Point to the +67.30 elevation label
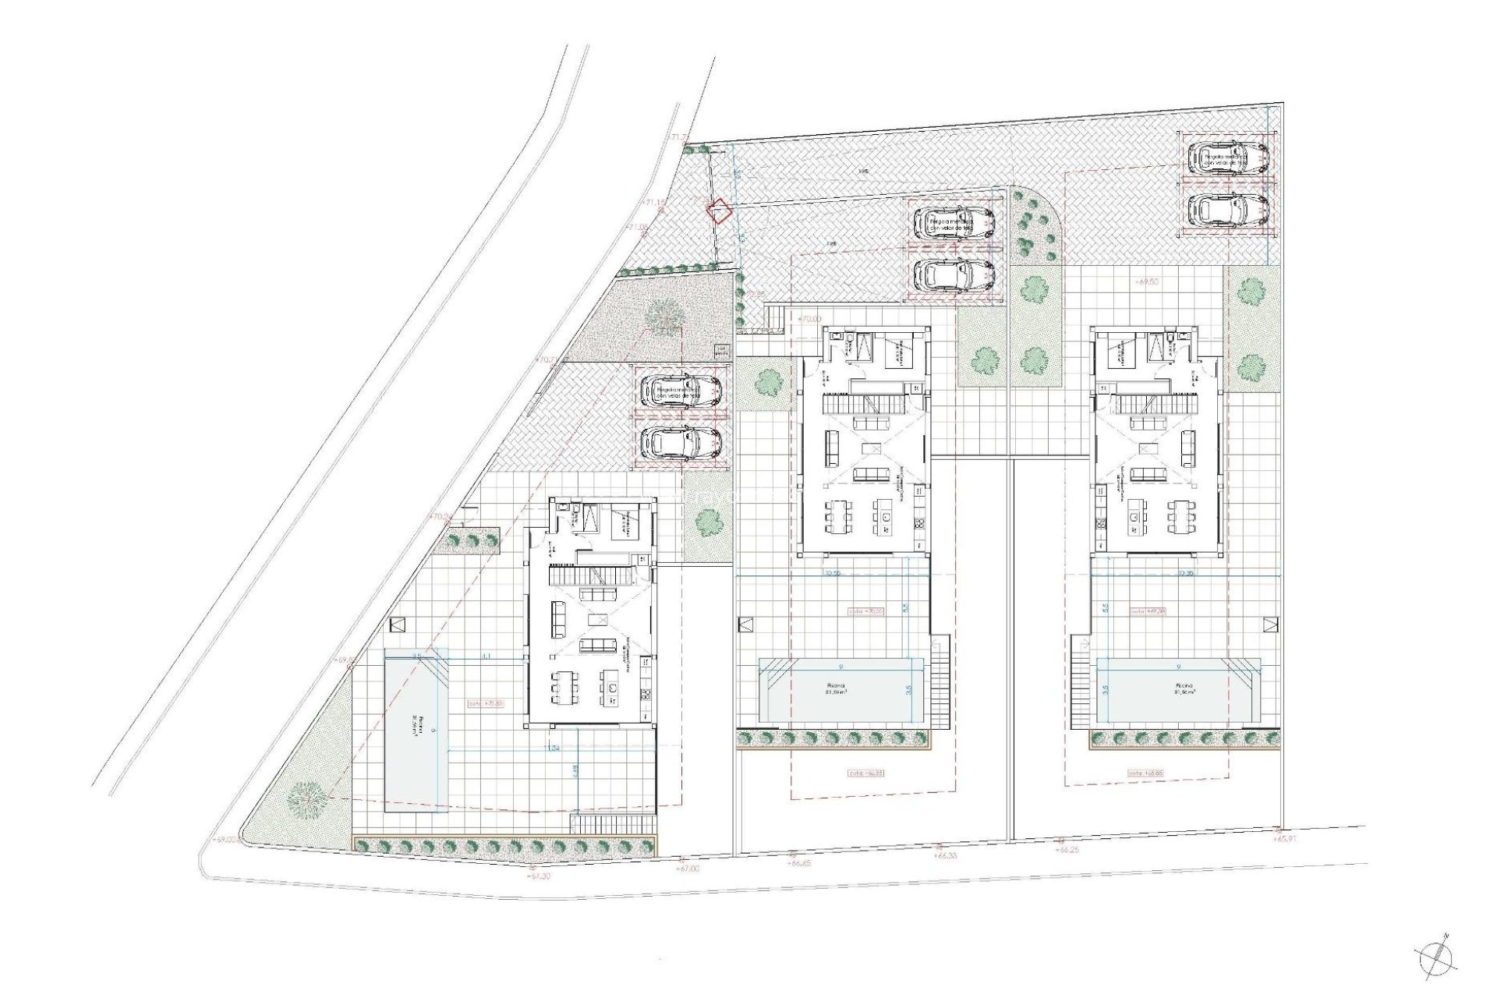click(538, 876)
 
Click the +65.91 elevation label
click(1286, 839)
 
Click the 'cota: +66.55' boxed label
click(865, 773)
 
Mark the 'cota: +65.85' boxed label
click(1146, 773)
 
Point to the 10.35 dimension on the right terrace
click(1186, 573)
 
